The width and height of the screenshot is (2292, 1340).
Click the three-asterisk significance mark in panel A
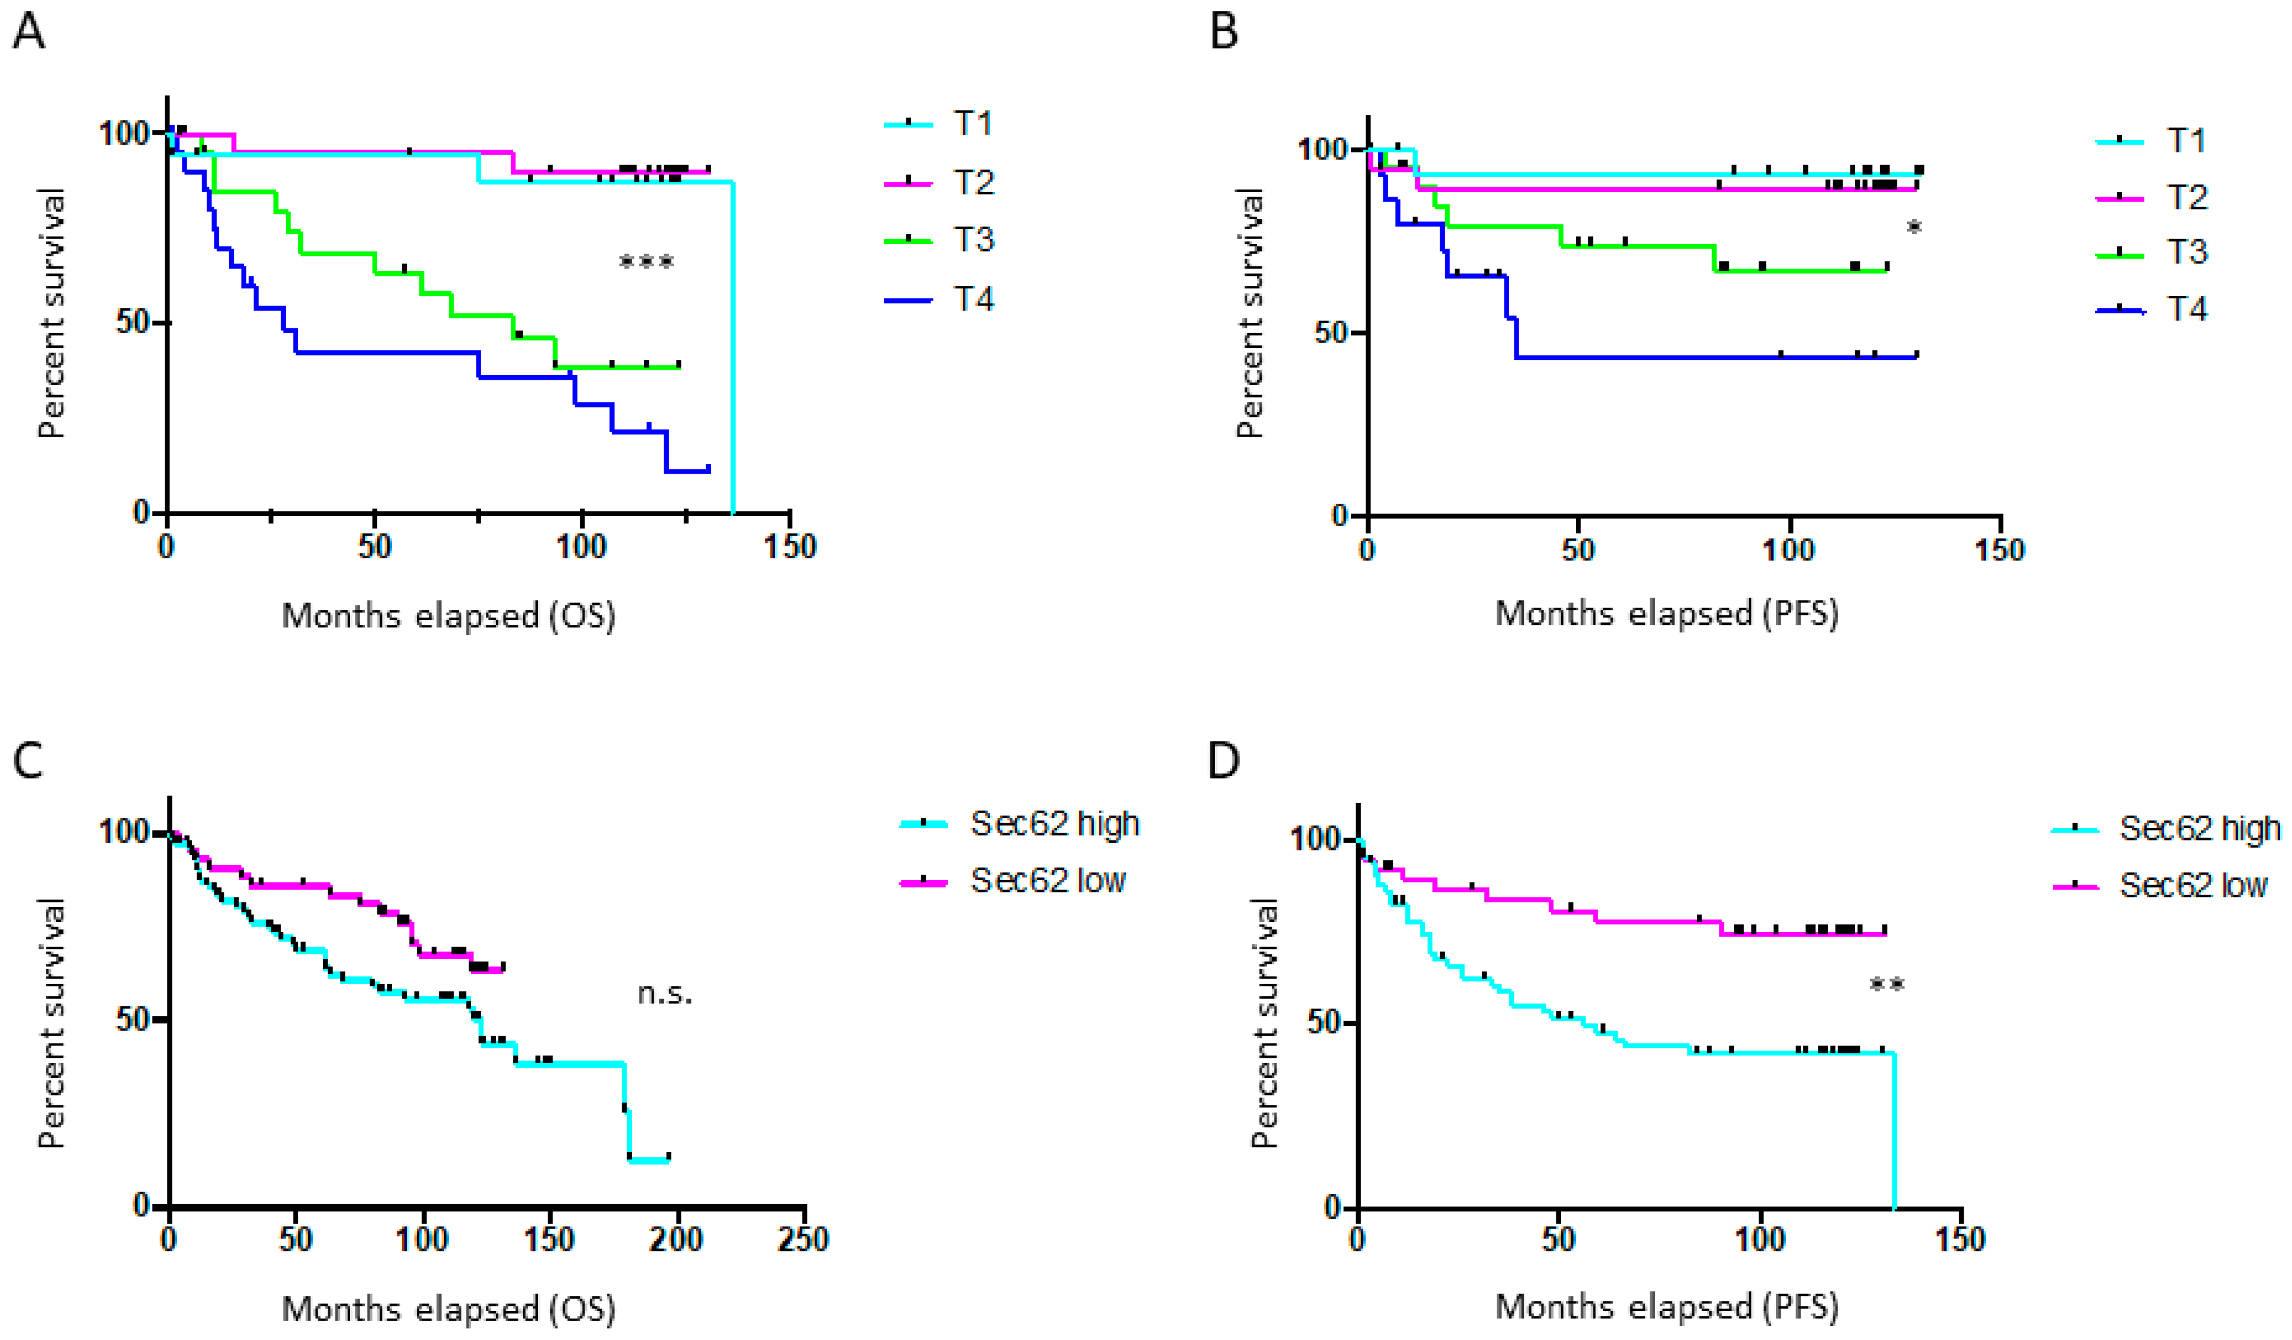(x=646, y=263)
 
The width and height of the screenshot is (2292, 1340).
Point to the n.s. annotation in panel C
(x=664, y=993)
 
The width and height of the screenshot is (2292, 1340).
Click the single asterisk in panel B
(x=1914, y=227)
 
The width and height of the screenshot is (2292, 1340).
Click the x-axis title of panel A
(x=448, y=616)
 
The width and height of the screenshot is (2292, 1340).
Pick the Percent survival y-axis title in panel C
(x=52, y=1023)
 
